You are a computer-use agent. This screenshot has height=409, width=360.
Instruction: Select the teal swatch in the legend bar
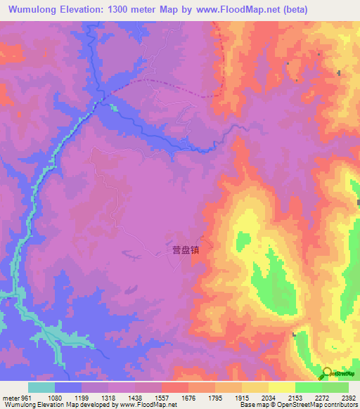click(41, 387)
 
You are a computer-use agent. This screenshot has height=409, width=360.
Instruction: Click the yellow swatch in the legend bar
click(282, 387)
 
